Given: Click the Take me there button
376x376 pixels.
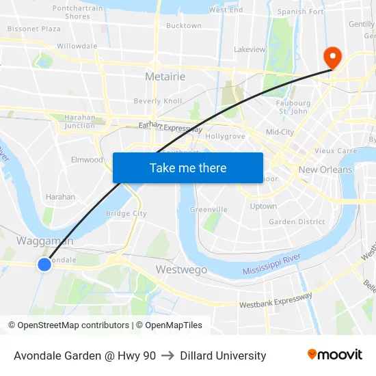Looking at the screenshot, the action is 188,167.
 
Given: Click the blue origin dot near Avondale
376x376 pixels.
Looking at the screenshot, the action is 44,264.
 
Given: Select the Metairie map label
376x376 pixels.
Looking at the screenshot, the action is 165,77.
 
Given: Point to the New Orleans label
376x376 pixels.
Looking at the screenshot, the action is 325,170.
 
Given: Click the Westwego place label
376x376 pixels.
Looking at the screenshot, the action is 181,269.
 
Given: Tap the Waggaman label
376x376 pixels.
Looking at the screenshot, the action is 44,241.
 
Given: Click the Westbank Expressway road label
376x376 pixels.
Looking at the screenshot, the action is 276,300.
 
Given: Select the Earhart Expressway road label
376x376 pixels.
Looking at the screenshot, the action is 170,127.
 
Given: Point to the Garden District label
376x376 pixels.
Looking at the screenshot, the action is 297,221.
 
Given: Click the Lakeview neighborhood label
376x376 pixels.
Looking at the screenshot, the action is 250,49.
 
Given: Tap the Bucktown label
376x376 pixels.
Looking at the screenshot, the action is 183,26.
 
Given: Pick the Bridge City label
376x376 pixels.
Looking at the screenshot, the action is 126,213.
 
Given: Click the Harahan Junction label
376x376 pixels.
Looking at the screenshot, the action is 80,121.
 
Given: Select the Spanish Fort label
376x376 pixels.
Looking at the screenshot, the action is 300,12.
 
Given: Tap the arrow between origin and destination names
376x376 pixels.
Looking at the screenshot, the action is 167,355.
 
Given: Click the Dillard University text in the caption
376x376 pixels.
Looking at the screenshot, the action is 223,355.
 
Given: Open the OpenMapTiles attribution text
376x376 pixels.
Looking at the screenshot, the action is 169,325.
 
